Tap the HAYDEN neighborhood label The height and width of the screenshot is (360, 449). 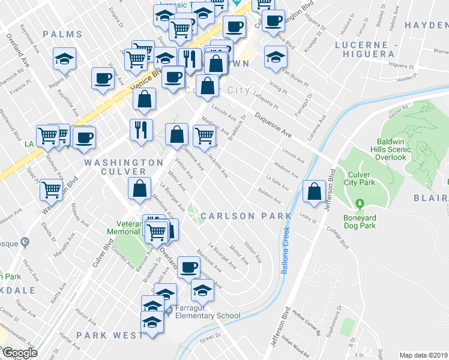coord(426,25)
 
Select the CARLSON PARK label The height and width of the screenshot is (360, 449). coord(246,216)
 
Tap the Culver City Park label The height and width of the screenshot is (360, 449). coord(360,179)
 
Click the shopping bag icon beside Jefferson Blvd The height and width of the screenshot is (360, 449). coord(315,192)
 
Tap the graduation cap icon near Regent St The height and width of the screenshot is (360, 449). coord(64,59)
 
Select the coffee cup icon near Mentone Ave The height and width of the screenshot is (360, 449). coord(189,267)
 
